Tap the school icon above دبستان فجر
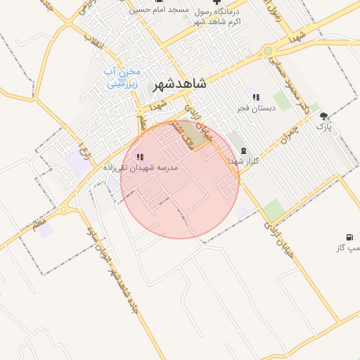coord(255,97)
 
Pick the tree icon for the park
coord(323,116)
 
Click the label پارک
coord(323,127)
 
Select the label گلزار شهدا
coord(244,161)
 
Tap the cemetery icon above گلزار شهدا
coord(244,150)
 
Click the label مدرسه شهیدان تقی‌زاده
coord(141,167)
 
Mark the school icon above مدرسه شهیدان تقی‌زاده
coord(140,157)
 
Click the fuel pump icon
coord(348,237)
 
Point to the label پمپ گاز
coord(345,248)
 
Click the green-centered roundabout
coord(268,51)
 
